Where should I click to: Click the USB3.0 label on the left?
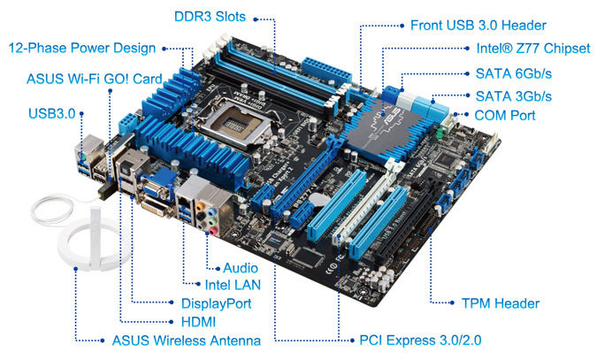pyautogui.click(x=51, y=112)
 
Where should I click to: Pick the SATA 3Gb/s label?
pyautogui.click(x=513, y=96)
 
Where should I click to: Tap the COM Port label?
pyautogui.click(x=504, y=115)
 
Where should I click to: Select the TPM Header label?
pyautogui.click(x=500, y=303)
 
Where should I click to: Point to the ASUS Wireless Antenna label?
pyautogui.click(x=186, y=340)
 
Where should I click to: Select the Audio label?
pyautogui.click(x=241, y=267)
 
